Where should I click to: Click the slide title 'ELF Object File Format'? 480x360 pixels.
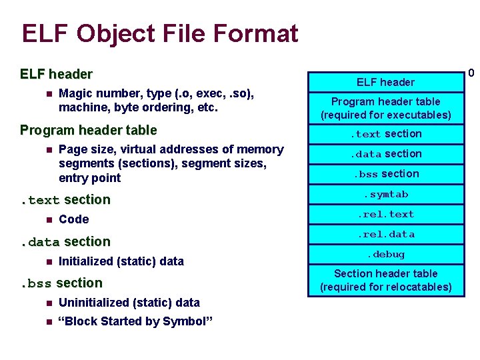[x=160, y=33]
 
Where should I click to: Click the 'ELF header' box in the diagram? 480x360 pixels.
[x=385, y=82]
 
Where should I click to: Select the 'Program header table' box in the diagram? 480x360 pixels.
[x=385, y=108]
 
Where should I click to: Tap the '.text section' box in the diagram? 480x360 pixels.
[x=385, y=133]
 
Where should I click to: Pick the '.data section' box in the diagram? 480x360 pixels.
[x=385, y=154]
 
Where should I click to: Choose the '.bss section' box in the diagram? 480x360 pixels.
[x=385, y=174]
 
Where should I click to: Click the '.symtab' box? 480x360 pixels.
[x=385, y=194]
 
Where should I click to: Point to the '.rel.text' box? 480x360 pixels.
[x=385, y=214]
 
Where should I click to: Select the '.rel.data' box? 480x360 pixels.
[x=385, y=234]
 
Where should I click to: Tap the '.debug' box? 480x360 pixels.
[x=385, y=254]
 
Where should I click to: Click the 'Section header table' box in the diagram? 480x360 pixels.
[x=385, y=280]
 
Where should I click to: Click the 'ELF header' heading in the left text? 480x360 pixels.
[x=56, y=73]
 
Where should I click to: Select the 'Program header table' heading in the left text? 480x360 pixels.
[x=88, y=130]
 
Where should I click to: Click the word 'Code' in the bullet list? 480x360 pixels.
[x=73, y=219]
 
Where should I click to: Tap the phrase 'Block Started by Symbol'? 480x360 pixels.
[x=135, y=321]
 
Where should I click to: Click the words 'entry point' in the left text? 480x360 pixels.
[x=89, y=178]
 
